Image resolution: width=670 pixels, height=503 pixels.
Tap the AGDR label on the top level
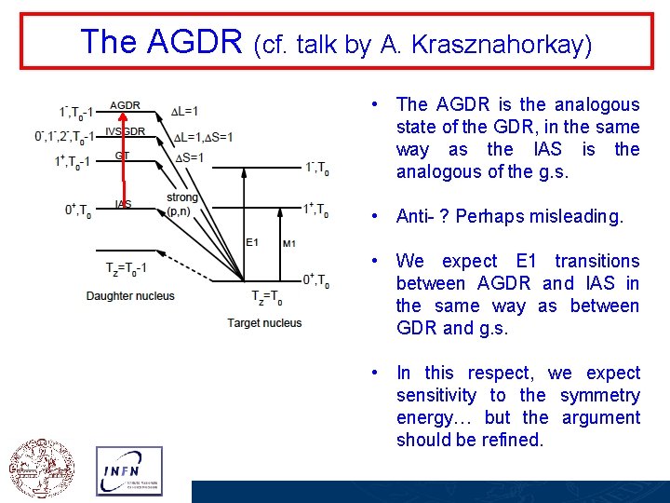125,105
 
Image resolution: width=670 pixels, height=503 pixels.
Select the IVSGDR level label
125,131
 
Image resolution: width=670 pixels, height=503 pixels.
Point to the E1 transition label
251,242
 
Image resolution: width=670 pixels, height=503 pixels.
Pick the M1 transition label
289,243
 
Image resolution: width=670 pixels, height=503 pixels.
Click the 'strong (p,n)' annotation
181,204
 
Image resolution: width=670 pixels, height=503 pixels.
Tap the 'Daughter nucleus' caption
129,296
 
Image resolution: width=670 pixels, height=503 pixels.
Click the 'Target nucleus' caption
264,322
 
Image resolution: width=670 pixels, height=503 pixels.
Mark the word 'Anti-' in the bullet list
417,216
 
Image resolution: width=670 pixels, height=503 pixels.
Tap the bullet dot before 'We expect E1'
372,262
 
